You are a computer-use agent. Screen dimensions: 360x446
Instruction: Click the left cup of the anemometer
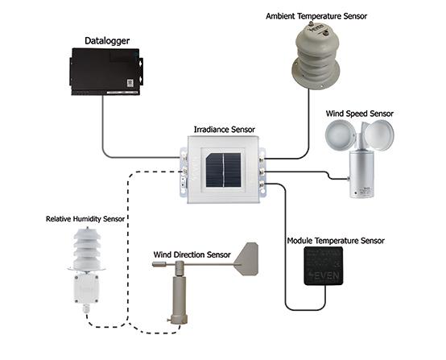pos(337,137)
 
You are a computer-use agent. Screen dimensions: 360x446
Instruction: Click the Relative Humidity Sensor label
pos(85,218)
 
